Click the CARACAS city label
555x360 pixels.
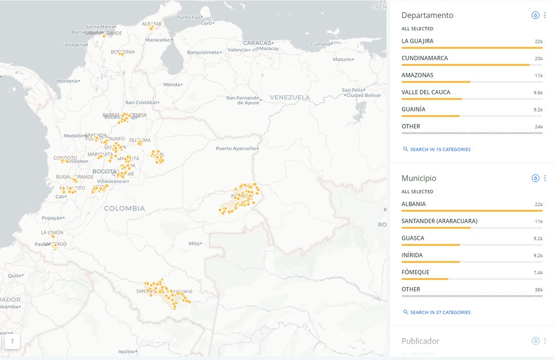(x=257, y=43)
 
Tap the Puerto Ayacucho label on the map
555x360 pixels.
(x=235, y=148)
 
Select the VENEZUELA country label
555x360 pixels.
(x=290, y=97)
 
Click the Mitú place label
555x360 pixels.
(x=194, y=243)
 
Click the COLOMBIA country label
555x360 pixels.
(x=125, y=208)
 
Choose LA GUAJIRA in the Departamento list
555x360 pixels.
(x=417, y=41)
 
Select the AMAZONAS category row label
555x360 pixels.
(x=417, y=75)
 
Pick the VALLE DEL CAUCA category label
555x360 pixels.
(x=426, y=92)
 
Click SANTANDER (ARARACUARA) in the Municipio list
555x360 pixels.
(x=439, y=221)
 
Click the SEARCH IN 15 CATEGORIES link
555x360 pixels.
(x=440, y=150)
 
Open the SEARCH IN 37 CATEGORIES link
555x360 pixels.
(x=440, y=313)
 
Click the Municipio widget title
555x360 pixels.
(x=419, y=178)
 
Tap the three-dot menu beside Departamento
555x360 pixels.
(x=545, y=15)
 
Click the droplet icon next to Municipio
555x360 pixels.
(x=535, y=178)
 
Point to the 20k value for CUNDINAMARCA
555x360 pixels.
(x=538, y=59)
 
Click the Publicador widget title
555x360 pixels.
(x=420, y=341)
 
